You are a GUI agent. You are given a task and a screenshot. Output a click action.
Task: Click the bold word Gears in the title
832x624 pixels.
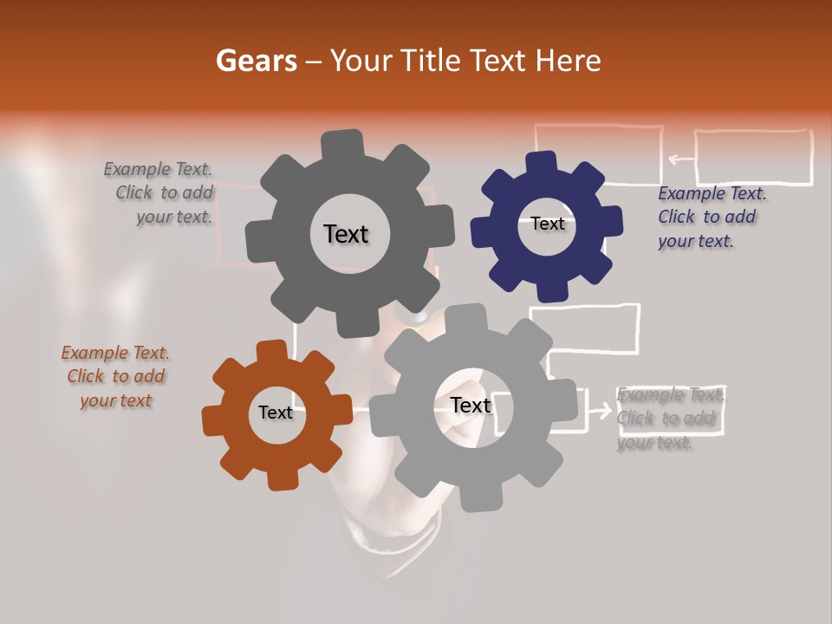click(256, 61)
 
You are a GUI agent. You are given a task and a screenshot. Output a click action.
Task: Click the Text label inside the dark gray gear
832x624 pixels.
click(346, 234)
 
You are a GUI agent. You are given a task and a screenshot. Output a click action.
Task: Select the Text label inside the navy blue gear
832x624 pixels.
click(547, 224)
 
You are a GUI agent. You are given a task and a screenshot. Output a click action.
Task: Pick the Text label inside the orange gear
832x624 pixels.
click(276, 413)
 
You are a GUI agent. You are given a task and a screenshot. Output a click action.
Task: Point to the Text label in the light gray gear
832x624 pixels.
click(470, 405)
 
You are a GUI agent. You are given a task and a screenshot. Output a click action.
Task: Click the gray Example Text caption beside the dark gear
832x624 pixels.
click(160, 193)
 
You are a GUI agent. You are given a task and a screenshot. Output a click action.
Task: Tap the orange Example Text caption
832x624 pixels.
click(115, 376)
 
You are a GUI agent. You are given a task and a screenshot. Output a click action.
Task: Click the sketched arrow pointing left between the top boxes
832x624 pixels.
click(681, 159)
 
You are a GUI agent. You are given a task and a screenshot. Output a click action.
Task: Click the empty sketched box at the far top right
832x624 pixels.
click(753, 157)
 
